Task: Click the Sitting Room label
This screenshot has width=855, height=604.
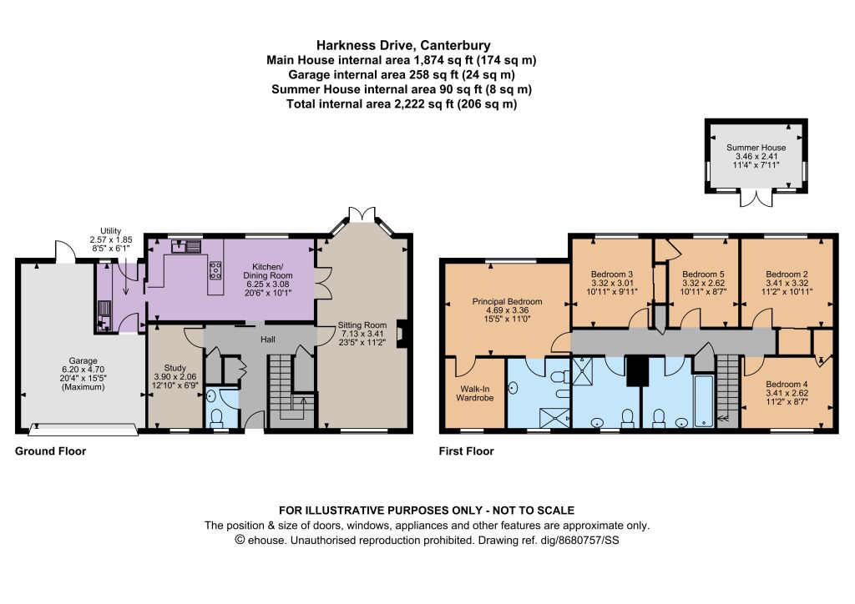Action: pos(362,325)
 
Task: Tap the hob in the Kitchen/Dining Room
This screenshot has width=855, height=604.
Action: pos(215,270)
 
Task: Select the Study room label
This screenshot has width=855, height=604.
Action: pos(175,368)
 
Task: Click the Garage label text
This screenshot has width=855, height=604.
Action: pos(83,360)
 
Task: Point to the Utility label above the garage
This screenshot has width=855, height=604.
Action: pos(111,231)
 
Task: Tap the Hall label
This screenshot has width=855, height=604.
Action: pos(268,340)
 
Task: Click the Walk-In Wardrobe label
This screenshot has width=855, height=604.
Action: pos(475,393)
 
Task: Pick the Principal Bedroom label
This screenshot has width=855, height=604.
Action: pos(507,301)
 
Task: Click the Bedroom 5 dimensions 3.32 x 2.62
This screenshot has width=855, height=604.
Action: pos(703,283)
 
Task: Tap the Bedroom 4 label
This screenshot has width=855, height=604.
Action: pos(787,384)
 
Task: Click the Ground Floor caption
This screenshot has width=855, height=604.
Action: pos(50,451)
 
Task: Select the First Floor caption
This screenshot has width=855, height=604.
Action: pos(466,451)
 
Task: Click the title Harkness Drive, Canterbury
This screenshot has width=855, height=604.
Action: pos(403,45)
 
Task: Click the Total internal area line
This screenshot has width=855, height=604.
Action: pos(402,104)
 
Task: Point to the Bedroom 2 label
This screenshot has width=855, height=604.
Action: pos(787,274)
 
